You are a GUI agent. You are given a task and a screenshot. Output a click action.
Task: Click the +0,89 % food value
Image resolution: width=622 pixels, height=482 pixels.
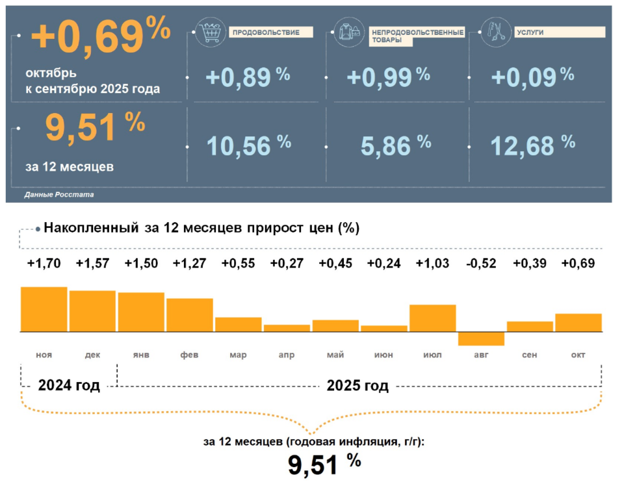(248, 77)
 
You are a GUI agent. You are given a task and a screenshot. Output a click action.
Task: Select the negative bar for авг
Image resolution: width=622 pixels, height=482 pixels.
(481, 338)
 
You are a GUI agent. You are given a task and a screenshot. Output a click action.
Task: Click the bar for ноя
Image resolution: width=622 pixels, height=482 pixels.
(44, 309)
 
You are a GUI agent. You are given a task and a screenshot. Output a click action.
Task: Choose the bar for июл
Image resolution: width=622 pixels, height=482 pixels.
(432, 318)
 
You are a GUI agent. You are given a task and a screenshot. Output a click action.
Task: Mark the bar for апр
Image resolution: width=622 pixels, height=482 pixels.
(287, 328)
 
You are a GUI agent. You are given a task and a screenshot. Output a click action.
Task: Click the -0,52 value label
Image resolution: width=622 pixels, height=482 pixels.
(481, 264)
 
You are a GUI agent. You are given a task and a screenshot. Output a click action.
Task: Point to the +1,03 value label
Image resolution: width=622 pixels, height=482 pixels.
(432, 264)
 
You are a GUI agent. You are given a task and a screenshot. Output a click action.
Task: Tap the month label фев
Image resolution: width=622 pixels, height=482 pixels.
(189, 355)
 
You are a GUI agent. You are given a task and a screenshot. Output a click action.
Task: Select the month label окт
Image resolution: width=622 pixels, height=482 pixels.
(578, 355)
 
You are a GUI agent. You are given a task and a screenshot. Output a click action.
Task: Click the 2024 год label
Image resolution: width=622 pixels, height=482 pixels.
(69, 386)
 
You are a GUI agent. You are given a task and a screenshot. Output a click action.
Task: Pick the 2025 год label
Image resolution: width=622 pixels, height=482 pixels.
(357, 386)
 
